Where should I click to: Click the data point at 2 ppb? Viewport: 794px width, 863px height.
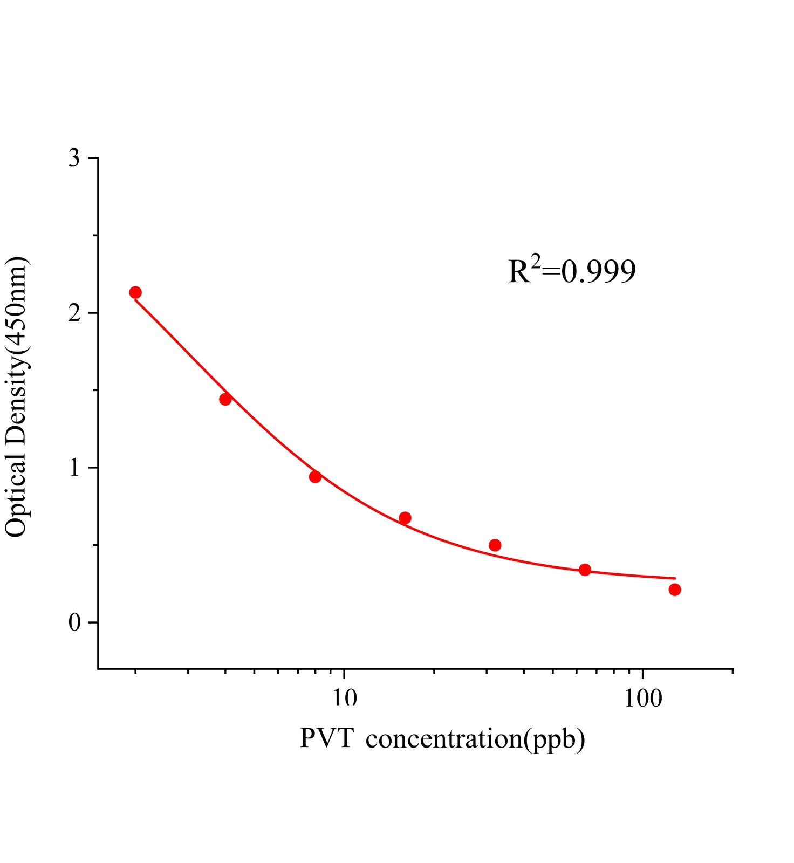[135, 292]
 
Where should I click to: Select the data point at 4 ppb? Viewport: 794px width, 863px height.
[225, 399]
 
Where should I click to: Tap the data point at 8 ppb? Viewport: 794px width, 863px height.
[316, 477]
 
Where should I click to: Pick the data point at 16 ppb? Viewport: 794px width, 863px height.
[405, 518]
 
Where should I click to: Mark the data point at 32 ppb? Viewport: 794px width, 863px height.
[495, 545]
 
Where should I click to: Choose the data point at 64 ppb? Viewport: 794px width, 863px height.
[585, 570]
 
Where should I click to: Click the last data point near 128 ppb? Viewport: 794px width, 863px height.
[675, 590]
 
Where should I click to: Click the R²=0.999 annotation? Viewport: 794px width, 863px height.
[572, 271]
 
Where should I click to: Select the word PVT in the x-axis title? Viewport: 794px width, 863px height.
[326, 738]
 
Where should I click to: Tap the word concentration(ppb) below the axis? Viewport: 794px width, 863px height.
[475, 739]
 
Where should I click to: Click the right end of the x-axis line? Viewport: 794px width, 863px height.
[732, 669]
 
